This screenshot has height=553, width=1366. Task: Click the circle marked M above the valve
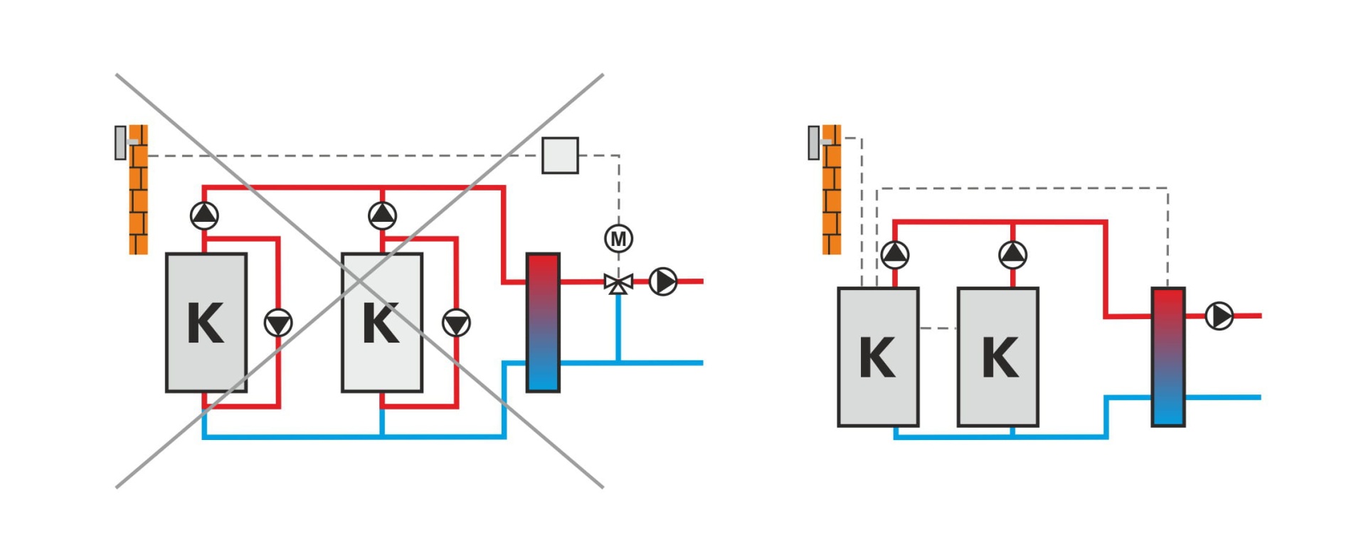point(618,239)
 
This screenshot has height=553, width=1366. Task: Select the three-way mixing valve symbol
point(618,283)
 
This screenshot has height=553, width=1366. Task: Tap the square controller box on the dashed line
point(560,156)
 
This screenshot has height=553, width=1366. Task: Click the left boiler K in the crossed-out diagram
point(206,323)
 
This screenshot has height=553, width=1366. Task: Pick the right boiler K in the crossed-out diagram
point(382,323)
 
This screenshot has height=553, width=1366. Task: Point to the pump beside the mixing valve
point(663,281)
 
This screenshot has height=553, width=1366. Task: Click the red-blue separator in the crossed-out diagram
point(543,323)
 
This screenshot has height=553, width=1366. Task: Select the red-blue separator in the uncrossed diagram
point(1168,357)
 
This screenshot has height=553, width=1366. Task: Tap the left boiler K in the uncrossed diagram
point(878,357)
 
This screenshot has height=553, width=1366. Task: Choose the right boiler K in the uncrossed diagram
point(998,357)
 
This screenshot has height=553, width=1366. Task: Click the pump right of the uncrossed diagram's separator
point(1219,316)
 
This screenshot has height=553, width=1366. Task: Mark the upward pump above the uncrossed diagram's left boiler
point(895,254)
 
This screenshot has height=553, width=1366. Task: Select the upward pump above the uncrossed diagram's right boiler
point(1012,254)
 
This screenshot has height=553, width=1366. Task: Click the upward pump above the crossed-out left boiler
point(205,215)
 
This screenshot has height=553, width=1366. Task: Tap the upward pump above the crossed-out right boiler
point(383,215)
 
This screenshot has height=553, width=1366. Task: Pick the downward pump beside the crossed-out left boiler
point(278,323)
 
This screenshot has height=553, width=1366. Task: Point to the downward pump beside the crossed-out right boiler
point(456,323)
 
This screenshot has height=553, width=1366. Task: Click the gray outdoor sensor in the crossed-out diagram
point(121,143)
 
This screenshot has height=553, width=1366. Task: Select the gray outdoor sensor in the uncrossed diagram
point(814,142)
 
